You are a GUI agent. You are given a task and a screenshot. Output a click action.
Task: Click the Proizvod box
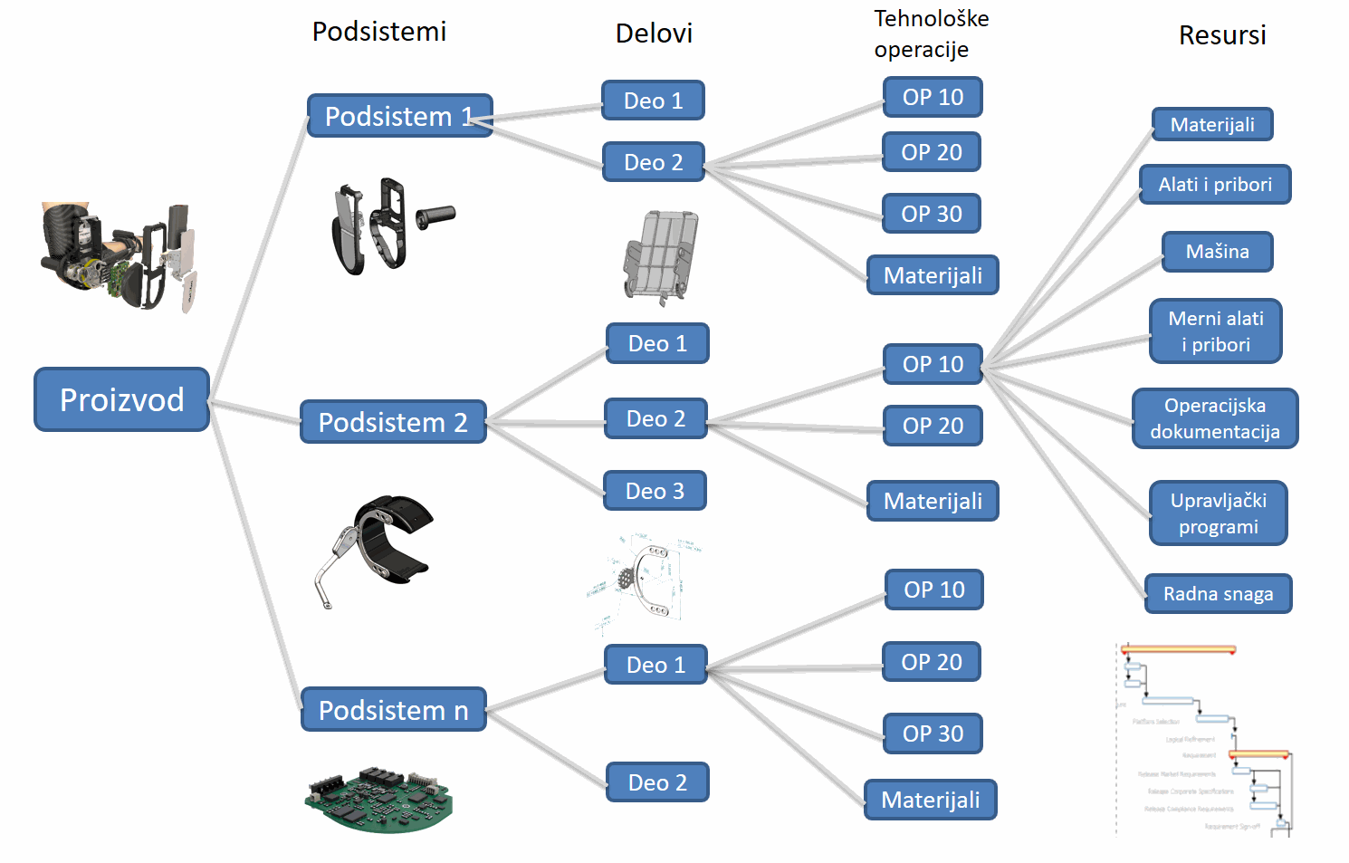(122, 399)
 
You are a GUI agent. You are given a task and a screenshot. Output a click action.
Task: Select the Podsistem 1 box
(399, 116)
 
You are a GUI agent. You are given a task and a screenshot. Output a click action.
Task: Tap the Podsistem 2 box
(393, 422)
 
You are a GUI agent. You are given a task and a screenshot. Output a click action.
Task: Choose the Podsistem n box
(393, 710)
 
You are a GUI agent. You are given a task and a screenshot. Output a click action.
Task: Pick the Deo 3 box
(655, 491)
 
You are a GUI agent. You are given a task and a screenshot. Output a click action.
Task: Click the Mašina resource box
(1217, 252)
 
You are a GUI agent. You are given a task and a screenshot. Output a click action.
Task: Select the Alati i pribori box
(1215, 185)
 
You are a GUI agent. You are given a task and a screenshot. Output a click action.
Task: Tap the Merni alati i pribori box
(1215, 331)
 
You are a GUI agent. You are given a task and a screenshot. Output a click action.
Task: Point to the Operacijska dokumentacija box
(1215, 418)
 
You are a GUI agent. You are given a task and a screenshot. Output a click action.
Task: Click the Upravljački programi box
(1218, 513)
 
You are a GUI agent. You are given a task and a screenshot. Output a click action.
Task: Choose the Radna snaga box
(1218, 594)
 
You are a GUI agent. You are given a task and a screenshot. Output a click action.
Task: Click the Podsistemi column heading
(379, 32)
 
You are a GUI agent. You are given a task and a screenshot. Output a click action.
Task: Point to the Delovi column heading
(654, 34)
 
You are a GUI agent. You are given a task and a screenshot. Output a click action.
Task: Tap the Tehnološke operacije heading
(931, 34)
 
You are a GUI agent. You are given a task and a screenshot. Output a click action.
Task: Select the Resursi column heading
(1222, 35)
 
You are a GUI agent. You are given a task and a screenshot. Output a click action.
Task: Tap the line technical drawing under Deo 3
(645, 580)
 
